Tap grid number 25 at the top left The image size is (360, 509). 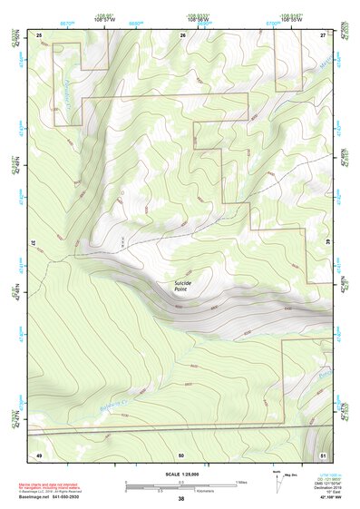40,34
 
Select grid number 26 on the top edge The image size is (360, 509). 183,34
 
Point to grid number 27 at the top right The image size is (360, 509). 324,34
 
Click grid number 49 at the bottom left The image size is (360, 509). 39,454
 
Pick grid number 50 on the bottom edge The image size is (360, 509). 181,454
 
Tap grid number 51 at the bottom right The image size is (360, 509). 324,454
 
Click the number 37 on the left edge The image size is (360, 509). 36,243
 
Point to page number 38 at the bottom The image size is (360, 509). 180,499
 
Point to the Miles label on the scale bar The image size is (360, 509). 241,482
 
